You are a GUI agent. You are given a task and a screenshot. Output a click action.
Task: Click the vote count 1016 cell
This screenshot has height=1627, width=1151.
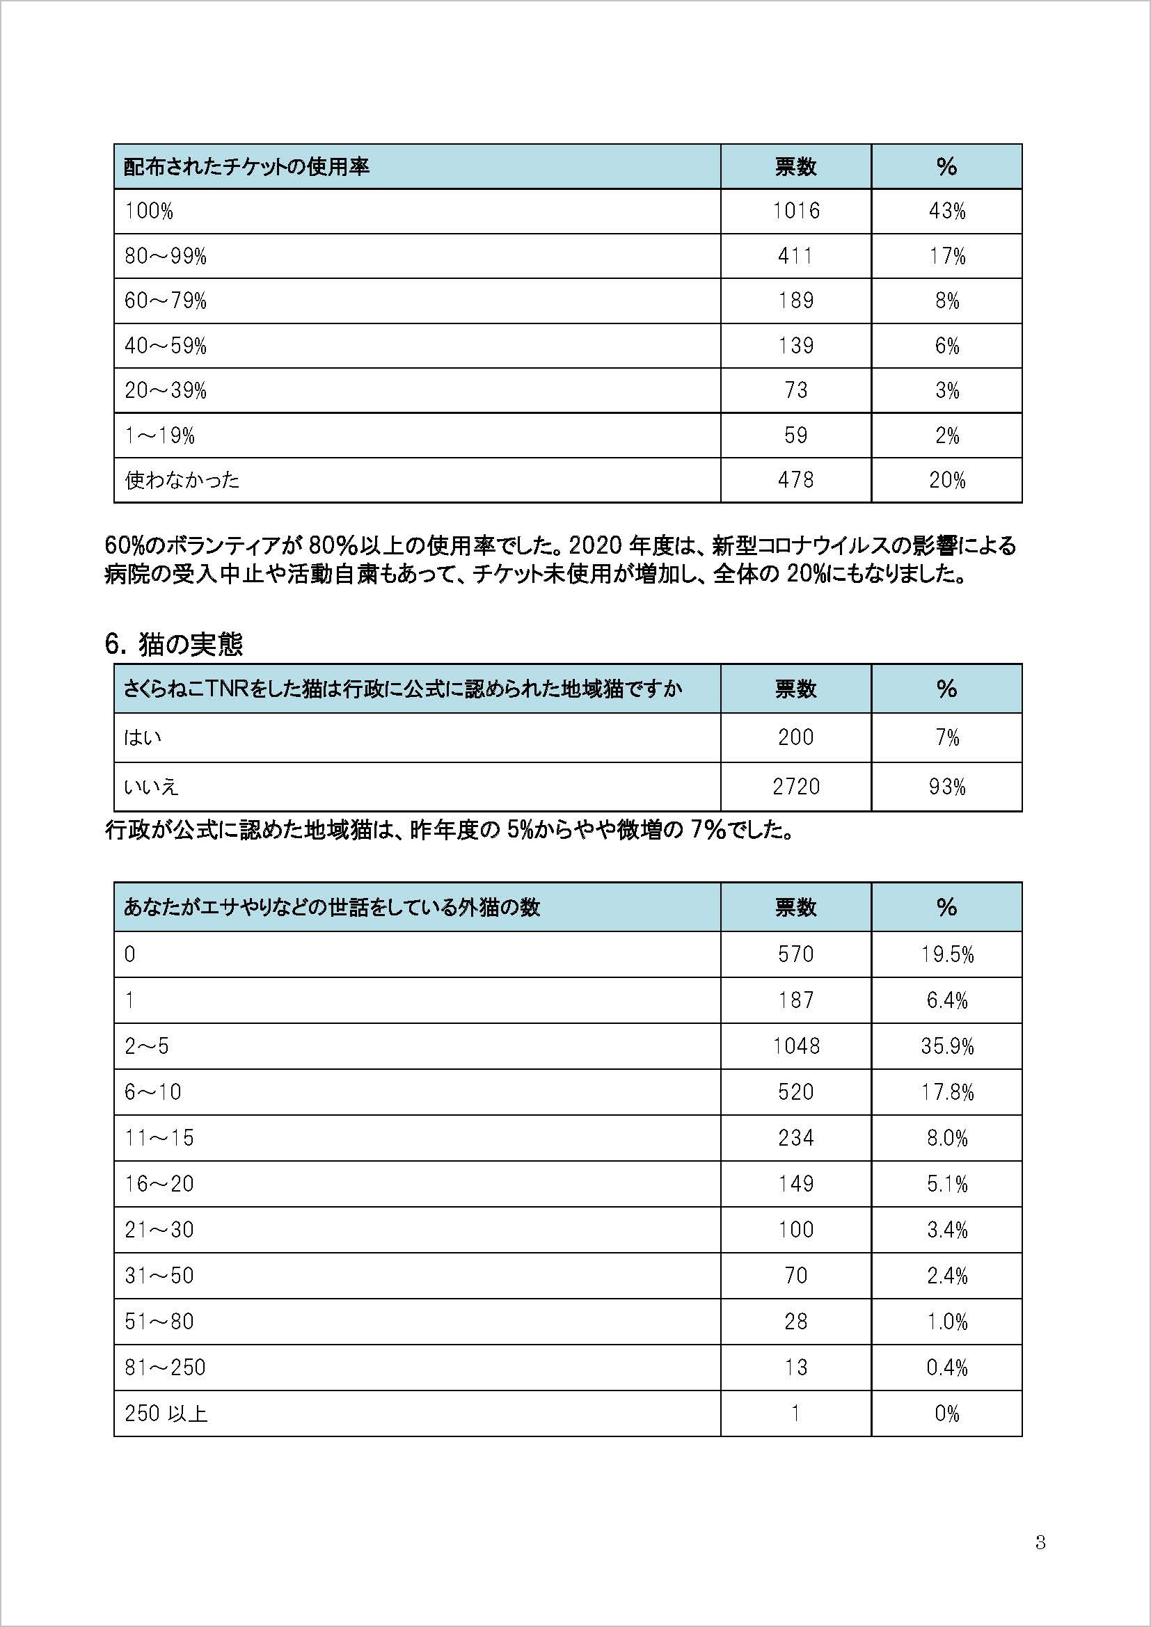795,211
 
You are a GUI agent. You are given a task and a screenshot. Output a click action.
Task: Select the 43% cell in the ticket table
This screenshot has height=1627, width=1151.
946,211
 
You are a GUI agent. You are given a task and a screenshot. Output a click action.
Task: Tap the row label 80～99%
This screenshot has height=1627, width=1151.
166,256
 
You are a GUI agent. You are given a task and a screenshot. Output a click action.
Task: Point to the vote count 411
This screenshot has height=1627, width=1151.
795,256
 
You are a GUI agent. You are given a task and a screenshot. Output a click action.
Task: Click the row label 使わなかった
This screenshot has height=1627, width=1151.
182,480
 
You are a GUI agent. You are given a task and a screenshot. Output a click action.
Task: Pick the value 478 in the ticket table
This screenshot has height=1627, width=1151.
795,480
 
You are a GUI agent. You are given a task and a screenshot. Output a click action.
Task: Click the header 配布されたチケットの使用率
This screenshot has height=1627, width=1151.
246,167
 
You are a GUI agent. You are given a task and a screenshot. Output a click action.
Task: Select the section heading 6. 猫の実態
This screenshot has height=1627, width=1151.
174,643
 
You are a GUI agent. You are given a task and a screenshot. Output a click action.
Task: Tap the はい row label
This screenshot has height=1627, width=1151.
143,737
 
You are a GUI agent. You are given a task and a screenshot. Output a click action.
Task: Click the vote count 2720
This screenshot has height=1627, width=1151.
795,787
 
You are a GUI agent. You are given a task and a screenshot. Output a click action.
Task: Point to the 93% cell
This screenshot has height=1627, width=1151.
946,787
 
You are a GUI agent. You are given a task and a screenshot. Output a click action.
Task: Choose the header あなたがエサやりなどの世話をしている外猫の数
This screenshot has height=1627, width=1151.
332,907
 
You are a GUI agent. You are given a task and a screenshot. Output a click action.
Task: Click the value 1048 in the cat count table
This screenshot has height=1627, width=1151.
795,1046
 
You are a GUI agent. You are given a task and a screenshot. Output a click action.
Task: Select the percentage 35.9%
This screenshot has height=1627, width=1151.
946,1046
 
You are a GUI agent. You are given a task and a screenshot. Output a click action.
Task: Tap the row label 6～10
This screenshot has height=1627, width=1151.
153,1092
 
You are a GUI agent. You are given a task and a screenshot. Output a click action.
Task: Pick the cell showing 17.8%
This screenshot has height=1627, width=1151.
946,1092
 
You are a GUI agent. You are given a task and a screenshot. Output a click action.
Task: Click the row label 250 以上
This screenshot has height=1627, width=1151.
166,1413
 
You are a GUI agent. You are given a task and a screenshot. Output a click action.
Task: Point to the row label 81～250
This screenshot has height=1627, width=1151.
165,1368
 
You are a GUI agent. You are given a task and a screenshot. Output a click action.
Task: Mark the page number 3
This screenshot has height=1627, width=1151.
1040,1542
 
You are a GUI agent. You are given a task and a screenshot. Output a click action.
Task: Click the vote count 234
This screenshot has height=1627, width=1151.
795,1138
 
